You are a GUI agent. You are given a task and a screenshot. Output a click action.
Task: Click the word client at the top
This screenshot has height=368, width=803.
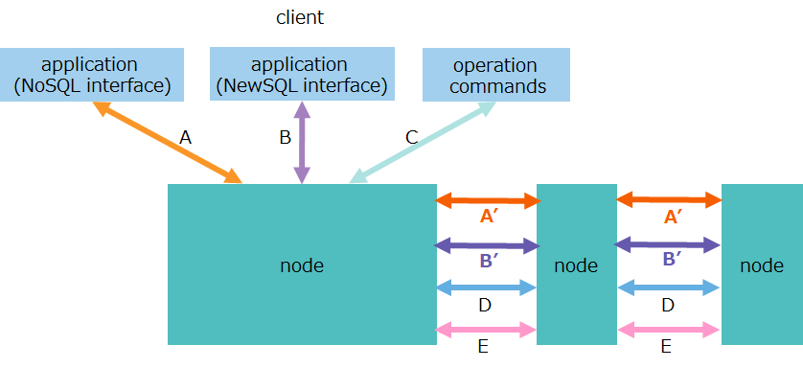tap(300, 17)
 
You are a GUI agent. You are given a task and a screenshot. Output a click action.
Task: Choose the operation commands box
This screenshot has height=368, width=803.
tap(495, 76)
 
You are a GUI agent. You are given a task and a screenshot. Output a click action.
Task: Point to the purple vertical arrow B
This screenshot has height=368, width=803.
tap(303, 143)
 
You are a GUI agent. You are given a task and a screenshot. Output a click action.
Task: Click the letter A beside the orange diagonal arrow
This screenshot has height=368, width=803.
tap(186, 138)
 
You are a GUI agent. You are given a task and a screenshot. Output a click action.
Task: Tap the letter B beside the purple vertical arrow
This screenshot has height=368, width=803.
tap(285, 138)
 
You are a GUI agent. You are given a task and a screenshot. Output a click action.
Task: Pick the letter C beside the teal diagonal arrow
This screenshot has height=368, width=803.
tap(411, 138)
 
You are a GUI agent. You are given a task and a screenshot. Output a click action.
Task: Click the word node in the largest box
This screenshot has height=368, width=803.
tap(302, 265)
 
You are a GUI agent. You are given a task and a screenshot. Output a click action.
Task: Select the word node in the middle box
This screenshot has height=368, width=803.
tap(576, 265)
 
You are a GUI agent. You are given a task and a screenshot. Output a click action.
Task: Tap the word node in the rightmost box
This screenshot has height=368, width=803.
tap(762, 265)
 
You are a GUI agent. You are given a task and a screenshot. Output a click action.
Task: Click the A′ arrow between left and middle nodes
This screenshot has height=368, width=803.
tap(488, 201)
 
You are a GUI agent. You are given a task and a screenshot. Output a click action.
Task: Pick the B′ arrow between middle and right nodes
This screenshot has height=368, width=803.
tap(667, 245)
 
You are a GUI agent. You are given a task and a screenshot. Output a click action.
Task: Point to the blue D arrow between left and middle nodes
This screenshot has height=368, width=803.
tap(485, 287)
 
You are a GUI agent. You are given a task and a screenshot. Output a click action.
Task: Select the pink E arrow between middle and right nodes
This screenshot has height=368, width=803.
tap(669, 330)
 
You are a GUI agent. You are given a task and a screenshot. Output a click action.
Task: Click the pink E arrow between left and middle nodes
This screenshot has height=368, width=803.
tap(485, 330)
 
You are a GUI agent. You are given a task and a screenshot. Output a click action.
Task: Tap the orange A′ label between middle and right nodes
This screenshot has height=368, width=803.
tap(672, 218)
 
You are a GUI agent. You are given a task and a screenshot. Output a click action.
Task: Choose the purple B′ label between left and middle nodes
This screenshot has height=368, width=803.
tap(488, 262)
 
